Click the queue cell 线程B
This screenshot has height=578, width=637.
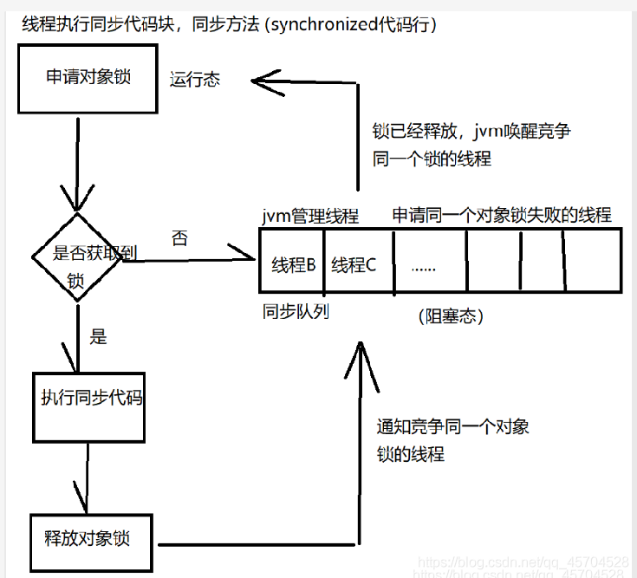click(293, 265)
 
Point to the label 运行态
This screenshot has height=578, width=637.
click(195, 81)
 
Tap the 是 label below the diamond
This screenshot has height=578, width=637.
click(99, 337)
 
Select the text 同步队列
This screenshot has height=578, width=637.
click(296, 310)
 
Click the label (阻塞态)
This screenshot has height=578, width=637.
click(450, 317)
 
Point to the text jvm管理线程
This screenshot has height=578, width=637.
click(309, 215)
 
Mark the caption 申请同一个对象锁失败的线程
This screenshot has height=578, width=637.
click(502, 215)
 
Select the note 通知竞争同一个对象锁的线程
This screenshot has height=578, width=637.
click(452, 440)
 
